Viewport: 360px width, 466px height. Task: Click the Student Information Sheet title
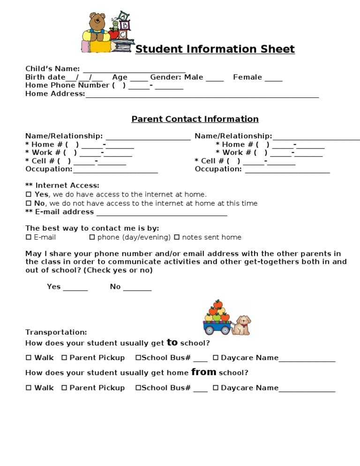pyautogui.click(x=215, y=49)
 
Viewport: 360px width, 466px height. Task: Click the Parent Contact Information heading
pyautogui.click(x=195, y=119)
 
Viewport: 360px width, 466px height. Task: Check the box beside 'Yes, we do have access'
pyautogui.click(x=29, y=194)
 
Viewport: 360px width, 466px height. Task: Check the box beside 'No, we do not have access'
pyautogui.click(x=29, y=203)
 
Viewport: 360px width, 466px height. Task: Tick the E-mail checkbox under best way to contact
pyautogui.click(x=29, y=237)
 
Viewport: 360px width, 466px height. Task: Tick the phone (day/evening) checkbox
pyautogui.click(x=92, y=237)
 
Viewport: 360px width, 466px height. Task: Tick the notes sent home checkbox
pyautogui.click(x=177, y=237)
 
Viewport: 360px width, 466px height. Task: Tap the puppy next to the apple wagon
pyautogui.click(x=242, y=324)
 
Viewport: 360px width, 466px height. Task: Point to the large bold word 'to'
pyautogui.click(x=172, y=342)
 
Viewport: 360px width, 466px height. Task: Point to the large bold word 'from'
pyautogui.click(x=203, y=372)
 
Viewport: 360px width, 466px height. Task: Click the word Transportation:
pyautogui.click(x=56, y=332)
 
